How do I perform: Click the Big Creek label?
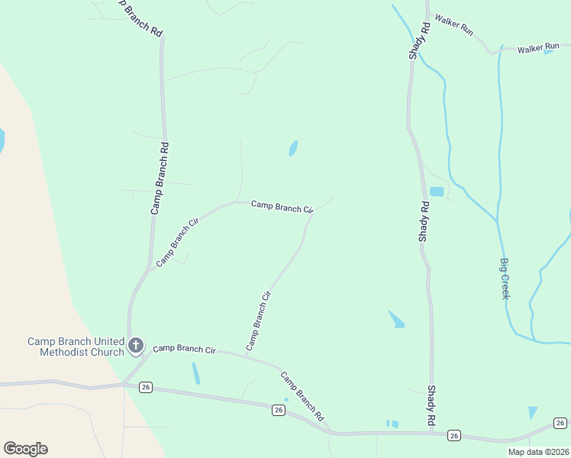pyautogui.click(x=504, y=279)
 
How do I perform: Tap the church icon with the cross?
pyautogui.click(x=136, y=346)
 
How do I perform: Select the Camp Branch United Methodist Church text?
pyautogui.click(x=76, y=347)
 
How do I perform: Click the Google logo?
pyautogui.click(x=25, y=449)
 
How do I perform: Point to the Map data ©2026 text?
pyautogui.click(x=537, y=452)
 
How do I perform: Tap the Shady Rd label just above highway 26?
pyautogui.click(x=431, y=405)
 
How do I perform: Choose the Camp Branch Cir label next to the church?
pyautogui.click(x=184, y=350)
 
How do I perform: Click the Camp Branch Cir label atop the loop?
pyautogui.click(x=282, y=206)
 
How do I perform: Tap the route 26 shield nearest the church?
pyautogui.click(x=146, y=387)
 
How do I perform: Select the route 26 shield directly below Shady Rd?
pyautogui.click(x=454, y=435)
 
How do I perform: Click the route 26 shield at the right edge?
pyautogui.click(x=560, y=423)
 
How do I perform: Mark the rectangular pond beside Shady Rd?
pyautogui.click(x=437, y=192)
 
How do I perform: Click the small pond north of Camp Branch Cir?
pyautogui.click(x=293, y=147)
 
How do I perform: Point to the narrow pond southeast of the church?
pyautogui.click(x=196, y=373)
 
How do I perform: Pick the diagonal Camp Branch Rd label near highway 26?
pyautogui.click(x=302, y=397)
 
